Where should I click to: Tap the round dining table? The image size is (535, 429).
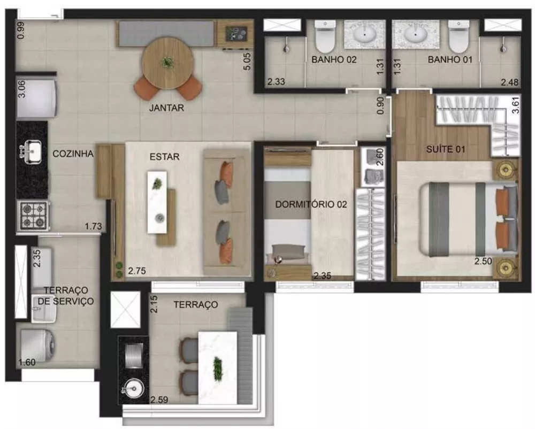(168, 63)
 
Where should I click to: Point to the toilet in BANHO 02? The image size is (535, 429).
(324, 34)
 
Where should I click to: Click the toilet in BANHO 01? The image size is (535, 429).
(457, 34)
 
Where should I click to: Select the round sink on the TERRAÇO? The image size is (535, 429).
(132, 386)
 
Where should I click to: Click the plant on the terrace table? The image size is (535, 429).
(217, 367)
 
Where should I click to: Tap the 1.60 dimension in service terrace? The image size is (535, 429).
(27, 363)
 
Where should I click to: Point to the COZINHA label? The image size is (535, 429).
(73, 154)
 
